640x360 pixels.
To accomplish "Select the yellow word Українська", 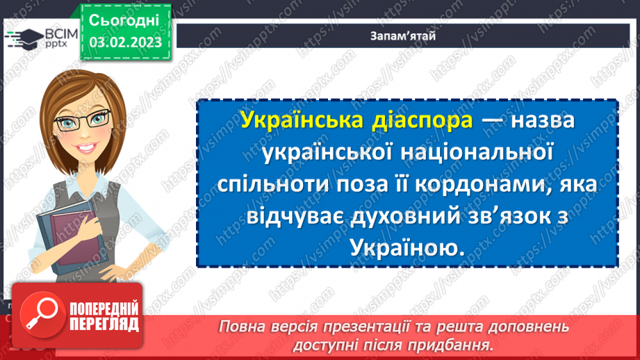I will click(294, 121).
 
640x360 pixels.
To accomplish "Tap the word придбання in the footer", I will click(452, 343).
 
